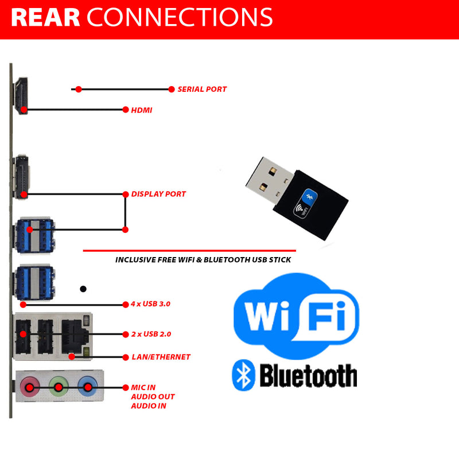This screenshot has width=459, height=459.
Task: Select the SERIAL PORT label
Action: pyautogui.click(x=202, y=90)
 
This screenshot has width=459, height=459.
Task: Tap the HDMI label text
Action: pyautogui.click(x=142, y=110)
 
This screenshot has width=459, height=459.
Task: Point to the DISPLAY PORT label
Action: pyautogui.click(x=158, y=194)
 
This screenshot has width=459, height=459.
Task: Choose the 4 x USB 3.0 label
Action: pyautogui.click(x=151, y=304)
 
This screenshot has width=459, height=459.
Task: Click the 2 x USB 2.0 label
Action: pyautogui.click(x=151, y=334)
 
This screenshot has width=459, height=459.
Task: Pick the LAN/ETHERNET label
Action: pyautogui.click(x=161, y=357)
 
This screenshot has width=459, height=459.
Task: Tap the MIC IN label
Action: pyautogui.click(x=143, y=388)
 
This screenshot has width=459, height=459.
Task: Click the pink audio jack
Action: pyautogui.click(x=29, y=387)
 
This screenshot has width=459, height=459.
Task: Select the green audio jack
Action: pyautogui.click(x=58, y=387)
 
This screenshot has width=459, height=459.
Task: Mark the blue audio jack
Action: pyautogui.click(x=87, y=387)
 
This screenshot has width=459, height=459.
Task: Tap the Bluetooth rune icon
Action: pyautogui.click(x=243, y=376)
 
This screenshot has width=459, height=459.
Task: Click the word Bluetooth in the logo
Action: pyautogui.click(x=308, y=376)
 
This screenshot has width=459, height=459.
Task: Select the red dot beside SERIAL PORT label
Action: pyautogui.click(x=172, y=89)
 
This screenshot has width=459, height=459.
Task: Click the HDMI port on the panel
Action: pyautogui.click(x=22, y=96)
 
